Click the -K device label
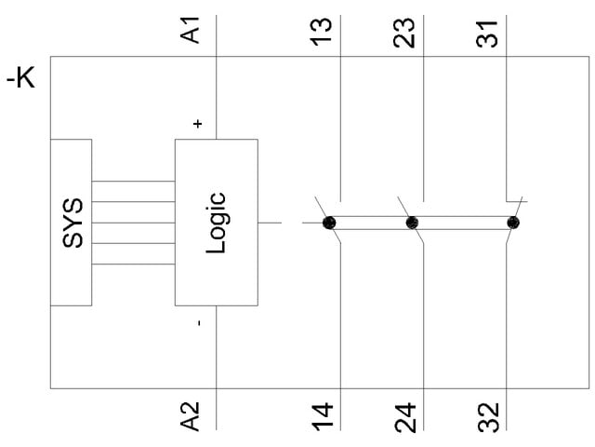point(20,79)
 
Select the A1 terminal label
point(192,30)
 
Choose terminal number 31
point(490,30)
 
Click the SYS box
point(72,222)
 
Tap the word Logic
point(216,222)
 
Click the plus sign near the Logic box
point(197,124)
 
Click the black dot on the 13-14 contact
point(329,223)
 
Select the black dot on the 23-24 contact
point(412,223)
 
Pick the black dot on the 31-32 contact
point(512,223)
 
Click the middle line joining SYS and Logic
point(134,222)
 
